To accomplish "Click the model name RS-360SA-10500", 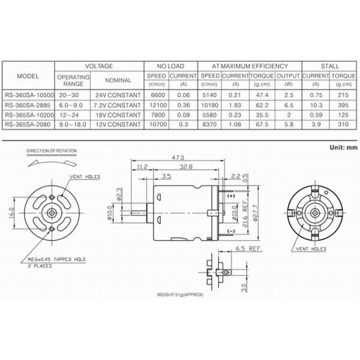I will click(x=28, y=95).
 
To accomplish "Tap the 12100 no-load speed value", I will click(x=156, y=105).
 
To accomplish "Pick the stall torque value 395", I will click(x=343, y=105).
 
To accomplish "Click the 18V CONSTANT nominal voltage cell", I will click(x=118, y=115).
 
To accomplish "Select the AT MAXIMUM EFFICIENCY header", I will click(x=250, y=65).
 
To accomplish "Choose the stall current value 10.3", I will click(x=315, y=105).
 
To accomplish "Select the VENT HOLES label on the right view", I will click(x=311, y=247).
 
